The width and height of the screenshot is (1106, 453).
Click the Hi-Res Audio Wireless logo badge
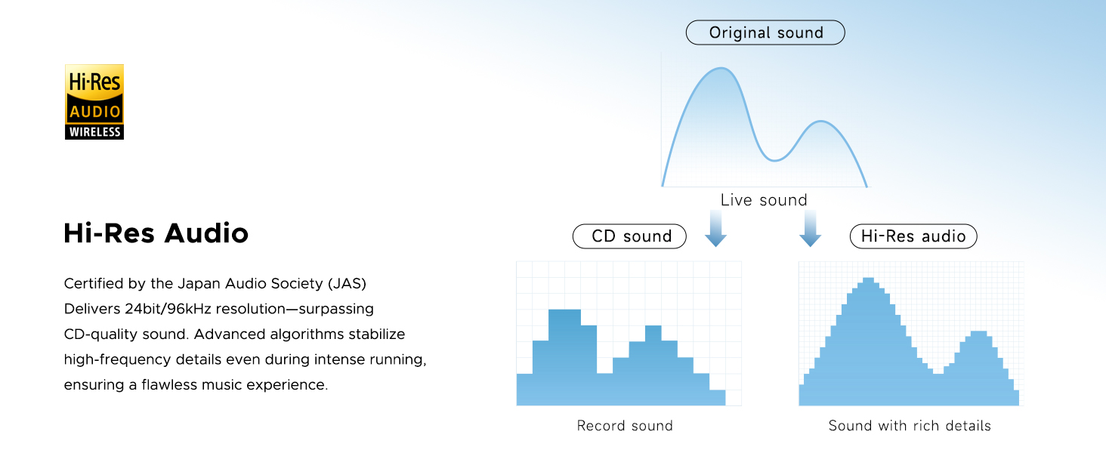(x=94, y=102)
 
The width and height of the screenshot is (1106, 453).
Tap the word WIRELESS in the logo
(x=94, y=132)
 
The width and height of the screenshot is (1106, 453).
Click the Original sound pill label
(x=765, y=32)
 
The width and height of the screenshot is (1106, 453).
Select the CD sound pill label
(x=629, y=236)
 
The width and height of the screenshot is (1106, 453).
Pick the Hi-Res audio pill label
(x=913, y=236)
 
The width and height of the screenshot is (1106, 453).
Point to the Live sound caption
(x=764, y=200)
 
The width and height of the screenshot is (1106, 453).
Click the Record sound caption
(x=625, y=425)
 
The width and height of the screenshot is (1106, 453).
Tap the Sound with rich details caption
(x=910, y=425)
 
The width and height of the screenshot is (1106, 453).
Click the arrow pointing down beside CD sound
(x=715, y=229)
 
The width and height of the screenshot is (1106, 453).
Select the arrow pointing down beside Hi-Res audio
(x=811, y=229)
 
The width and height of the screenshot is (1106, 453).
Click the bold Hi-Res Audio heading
(x=156, y=233)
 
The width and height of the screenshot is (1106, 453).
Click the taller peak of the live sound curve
(x=721, y=68)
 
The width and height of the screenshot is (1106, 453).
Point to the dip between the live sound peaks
(x=774, y=160)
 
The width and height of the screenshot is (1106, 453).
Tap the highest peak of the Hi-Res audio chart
(x=868, y=279)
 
